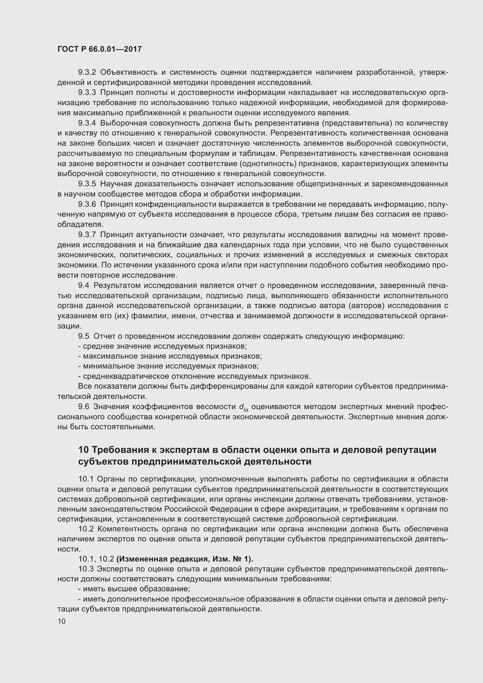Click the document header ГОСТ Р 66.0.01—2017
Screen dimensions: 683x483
(x=99, y=49)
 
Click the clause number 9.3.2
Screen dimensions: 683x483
(x=87, y=72)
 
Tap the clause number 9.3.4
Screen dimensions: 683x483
(x=87, y=123)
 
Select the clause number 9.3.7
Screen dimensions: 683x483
(x=87, y=235)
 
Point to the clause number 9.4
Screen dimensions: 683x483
(x=84, y=285)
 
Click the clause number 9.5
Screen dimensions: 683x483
(x=84, y=336)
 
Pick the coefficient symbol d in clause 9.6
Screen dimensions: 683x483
(x=241, y=407)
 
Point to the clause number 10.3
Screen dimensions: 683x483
(x=86, y=569)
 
